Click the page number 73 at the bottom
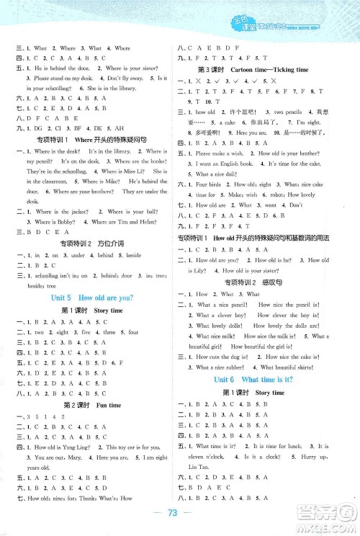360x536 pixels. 180,522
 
